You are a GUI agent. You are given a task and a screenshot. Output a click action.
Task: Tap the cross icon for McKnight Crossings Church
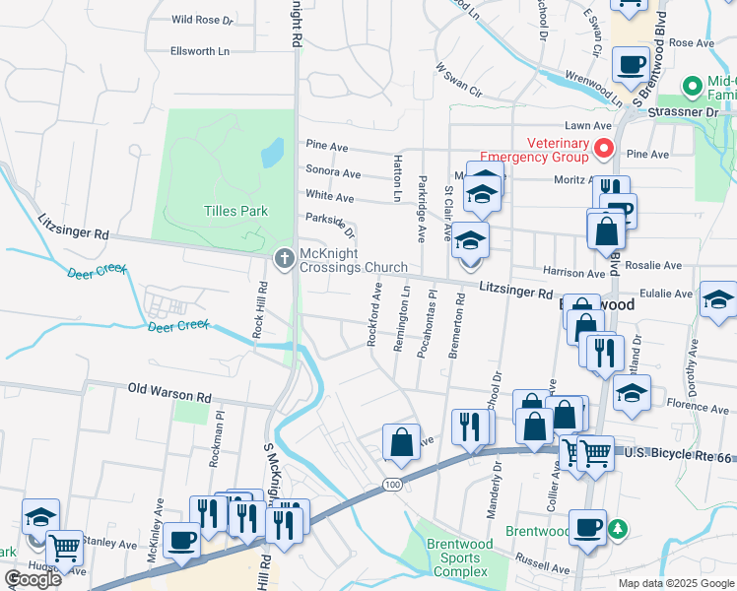[284, 258]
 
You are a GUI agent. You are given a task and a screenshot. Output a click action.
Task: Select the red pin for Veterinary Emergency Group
[604, 148]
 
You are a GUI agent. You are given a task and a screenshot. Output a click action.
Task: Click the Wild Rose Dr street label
[202, 19]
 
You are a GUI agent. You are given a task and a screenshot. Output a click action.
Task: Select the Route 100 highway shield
[393, 485]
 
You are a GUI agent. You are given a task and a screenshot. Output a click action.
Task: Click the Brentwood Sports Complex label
[454, 558]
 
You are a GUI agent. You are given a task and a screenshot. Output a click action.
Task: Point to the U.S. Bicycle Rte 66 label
[679, 454]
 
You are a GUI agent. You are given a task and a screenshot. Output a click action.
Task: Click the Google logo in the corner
[33, 579]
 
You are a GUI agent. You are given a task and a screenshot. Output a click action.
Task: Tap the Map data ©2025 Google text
[676, 583]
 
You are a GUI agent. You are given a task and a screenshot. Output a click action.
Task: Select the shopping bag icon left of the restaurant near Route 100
[401, 442]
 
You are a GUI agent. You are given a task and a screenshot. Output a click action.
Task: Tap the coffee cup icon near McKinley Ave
[181, 540]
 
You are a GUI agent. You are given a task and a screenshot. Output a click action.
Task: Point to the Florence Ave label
[696, 405]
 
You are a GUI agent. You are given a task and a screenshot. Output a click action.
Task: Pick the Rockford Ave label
[373, 314]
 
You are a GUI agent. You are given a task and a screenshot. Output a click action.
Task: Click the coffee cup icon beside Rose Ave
[630, 65]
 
